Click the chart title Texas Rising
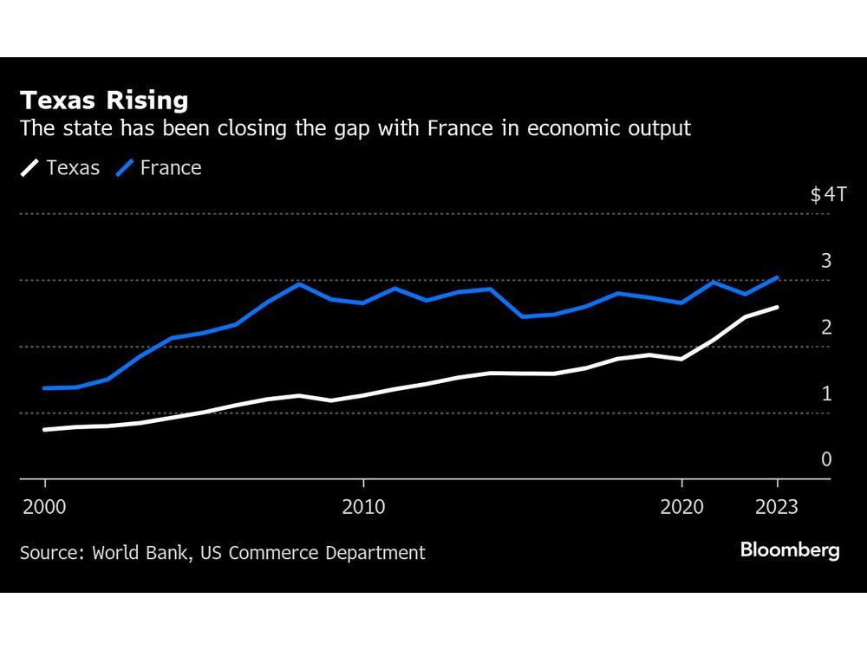(x=104, y=101)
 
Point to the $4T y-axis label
(x=827, y=194)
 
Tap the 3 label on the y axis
(x=826, y=261)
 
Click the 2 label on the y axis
(x=826, y=327)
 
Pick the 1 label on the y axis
(x=826, y=393)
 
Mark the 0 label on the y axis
(x=826, y=459)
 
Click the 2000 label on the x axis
(x=45, y=507)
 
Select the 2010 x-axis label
(x=363, y=507)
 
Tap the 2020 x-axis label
(x=682, y=507)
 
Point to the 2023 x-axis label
(x=778, y=507)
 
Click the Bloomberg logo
(x=790, y=551)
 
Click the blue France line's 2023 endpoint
(x=778, y=277)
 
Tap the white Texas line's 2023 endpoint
(x=778, y=307)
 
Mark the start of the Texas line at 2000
(x=45, y=429)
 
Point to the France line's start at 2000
(x=45, y=388)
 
